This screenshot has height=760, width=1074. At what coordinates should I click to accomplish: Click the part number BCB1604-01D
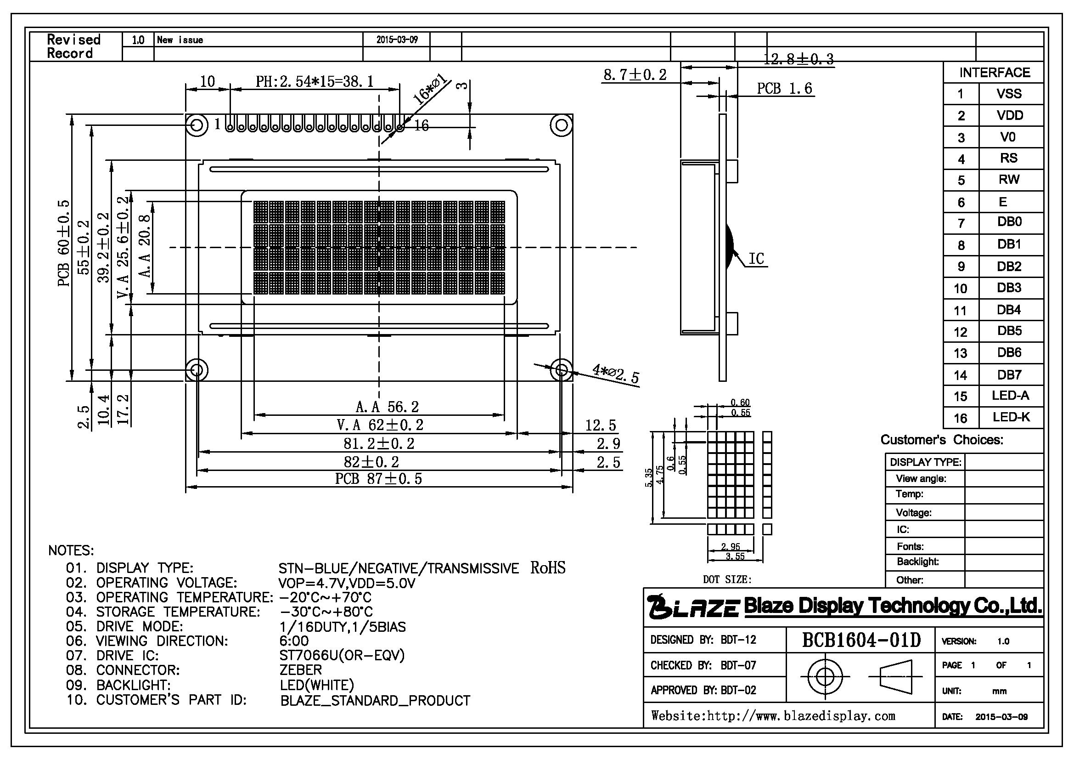(x=861, y=640)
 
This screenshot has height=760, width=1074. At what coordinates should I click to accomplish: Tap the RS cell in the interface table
(x=1008, y=158)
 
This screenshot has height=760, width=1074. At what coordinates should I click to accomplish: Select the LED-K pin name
(x=1011, y=417)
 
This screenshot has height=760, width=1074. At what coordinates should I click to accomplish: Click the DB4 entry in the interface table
(x=1008, y=309)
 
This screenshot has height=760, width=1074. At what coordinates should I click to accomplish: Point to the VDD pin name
(x=1009, y=115)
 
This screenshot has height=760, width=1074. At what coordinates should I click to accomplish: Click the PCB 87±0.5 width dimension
(x=378, y=478)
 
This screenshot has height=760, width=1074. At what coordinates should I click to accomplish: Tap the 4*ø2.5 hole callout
(x=616, y=374)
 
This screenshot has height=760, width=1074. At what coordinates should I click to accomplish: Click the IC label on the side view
(x=756, y=258)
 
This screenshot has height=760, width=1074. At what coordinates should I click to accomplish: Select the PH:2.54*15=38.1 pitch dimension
(x=315, y=82)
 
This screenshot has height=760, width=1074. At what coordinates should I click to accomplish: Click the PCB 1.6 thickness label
(x=784, y=88)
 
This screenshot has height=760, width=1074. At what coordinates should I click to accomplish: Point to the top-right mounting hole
(x=561, y=125)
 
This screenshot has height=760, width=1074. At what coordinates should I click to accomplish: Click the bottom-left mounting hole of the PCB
(x=197, y=370)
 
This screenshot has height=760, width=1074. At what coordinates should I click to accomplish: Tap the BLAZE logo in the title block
(x=694, y=606)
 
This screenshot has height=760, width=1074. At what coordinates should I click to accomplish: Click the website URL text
(x=773, y=715)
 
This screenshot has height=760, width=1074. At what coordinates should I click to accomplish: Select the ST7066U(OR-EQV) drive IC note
(x=342, y=655)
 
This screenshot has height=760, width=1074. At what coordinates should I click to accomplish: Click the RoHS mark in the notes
(x=548, y=567)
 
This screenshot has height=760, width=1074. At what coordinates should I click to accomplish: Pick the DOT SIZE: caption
(x=727, y=579)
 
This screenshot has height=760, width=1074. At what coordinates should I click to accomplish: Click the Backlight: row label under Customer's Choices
(x=918, y=561)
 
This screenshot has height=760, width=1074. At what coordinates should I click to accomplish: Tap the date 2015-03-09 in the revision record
(x=397, y=40)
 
